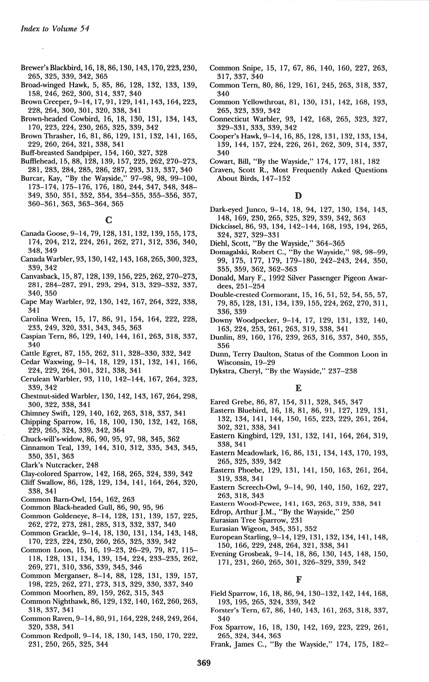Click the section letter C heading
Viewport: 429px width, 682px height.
coord(109,220)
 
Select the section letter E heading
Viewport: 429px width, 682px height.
coord(298,388)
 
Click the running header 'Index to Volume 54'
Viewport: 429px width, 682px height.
coord(55,29)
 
